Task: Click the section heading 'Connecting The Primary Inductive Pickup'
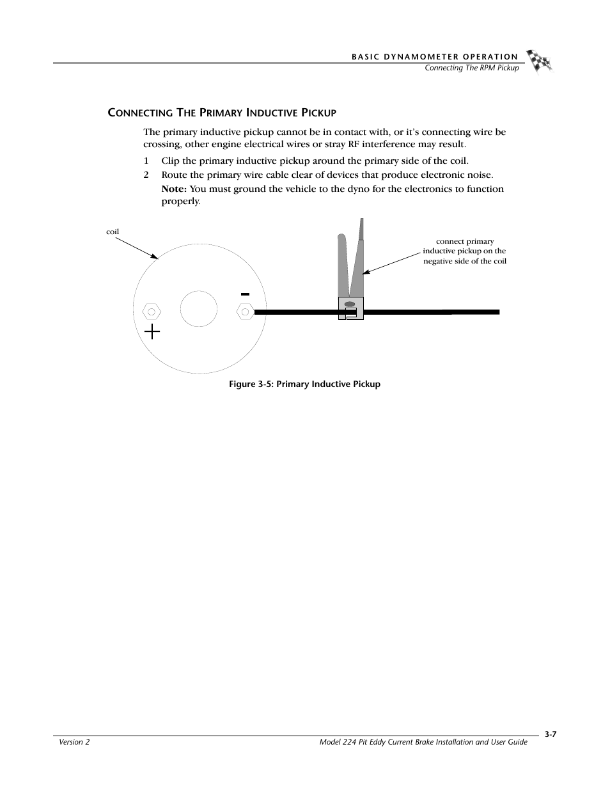(x=221, y=113)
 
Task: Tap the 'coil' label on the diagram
(x=113, y=232)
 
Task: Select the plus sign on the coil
(x=152, y=331)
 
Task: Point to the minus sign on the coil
(x=245, y=294)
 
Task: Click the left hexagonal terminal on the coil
(x=152, y=312)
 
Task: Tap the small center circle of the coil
(x=199, y=308)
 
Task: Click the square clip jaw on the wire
(x=350, y=308)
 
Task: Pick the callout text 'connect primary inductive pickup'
(x=464, y=251)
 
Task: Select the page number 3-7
(x=551, y=735)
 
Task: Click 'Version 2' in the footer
(x=74, y=742)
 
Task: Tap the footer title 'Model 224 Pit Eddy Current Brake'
(x=423, y=742)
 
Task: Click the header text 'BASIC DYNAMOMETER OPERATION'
(x=435, y=57)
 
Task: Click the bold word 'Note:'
(x=173, y=189)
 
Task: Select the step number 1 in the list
(x=146, y=161)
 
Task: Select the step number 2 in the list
(x=146, y=175)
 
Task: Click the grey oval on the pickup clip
(x=349, y=304)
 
